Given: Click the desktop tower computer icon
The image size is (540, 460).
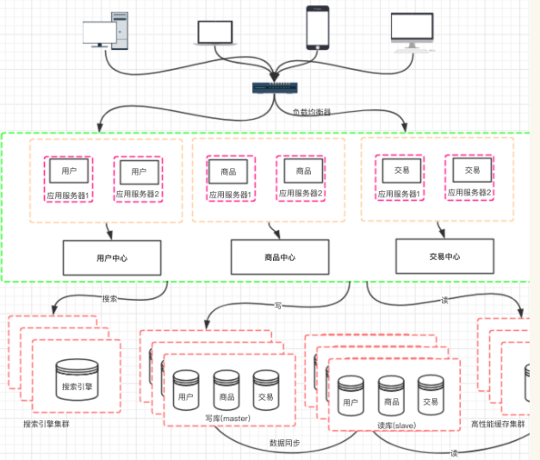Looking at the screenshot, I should tap(107, 31).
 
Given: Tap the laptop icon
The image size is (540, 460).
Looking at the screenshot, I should tap(214, 32).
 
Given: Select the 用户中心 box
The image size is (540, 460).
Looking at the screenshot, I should tap(112, 257).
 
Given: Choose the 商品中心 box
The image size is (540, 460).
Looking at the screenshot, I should tap(280, 257).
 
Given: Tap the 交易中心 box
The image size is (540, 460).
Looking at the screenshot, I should tap(444, 256).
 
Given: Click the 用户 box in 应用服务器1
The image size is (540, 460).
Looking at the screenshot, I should tap(65, 171).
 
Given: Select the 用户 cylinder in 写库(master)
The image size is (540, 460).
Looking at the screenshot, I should tap(185, 390).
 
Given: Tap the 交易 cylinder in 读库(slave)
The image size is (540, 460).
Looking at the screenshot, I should tap(431, 395).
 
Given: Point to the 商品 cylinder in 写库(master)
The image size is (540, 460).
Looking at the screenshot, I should tap(226, 390).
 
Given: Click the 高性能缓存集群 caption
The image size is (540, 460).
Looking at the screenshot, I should tap(500, 425).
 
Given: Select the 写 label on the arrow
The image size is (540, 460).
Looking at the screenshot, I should tap(278, 305).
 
